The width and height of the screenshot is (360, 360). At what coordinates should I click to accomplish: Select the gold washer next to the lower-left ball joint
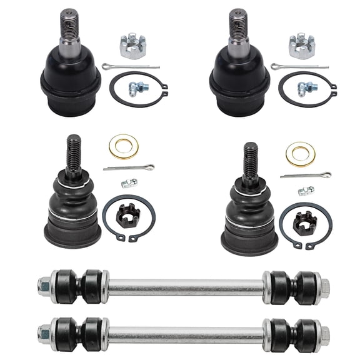(123, 146)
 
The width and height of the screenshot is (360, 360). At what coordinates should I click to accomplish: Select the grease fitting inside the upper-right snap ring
(307, 87)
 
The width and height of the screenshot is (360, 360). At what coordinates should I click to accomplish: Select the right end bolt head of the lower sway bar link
(324, 331)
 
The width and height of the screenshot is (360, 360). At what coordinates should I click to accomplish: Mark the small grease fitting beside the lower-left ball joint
(129, 183)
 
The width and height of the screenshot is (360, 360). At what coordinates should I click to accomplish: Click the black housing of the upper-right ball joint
(237, 78)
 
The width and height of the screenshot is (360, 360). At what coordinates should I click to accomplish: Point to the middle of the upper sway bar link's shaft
(186, 287)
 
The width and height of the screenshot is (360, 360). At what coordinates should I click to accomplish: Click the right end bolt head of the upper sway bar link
(324, 287)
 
